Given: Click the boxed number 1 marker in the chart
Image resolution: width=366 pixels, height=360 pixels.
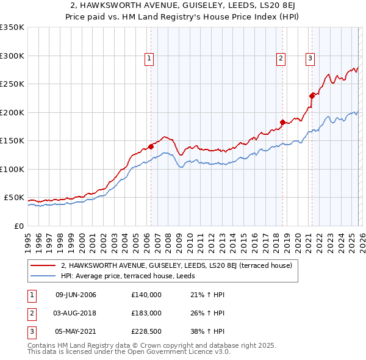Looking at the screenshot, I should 149,59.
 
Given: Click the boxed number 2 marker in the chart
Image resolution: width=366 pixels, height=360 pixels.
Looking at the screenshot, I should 281,59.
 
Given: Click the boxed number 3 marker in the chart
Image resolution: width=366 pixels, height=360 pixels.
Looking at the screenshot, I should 310,59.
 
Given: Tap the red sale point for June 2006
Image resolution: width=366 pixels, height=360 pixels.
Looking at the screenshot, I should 151,146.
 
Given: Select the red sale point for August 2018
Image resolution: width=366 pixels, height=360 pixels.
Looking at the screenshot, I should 282,122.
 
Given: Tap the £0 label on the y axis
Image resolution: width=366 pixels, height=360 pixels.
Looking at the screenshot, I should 18,226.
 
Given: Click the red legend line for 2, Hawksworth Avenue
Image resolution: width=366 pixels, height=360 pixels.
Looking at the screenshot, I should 43,265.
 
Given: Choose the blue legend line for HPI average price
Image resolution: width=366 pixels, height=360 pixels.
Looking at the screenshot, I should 43,275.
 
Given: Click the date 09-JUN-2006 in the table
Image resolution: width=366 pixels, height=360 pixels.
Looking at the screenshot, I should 76,295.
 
